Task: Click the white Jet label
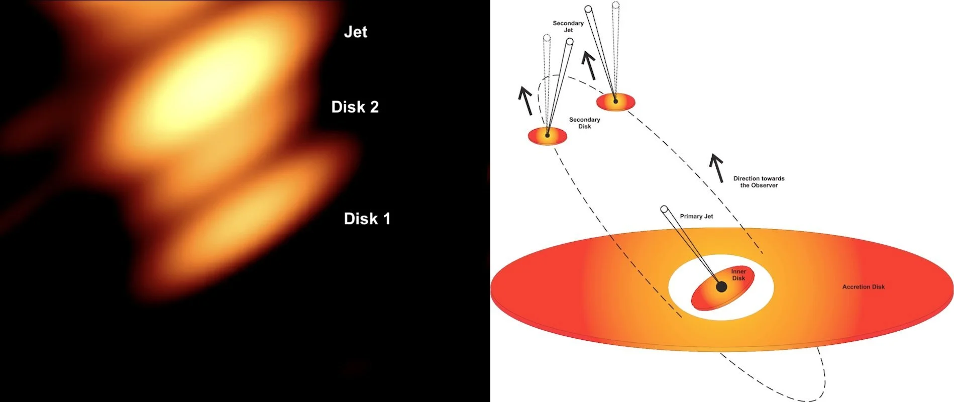point(355,32)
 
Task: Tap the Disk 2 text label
point(355,107)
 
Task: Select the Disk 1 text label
point(367,219)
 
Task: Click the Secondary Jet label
point(568,27)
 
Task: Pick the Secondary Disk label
point(584,123)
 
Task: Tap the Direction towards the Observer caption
point(759,182)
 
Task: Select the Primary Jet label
point(696,217)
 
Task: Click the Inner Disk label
point(738,275)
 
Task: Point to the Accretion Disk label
point(863,287)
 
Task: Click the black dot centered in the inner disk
point(721,287)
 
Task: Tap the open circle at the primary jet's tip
point(664,209)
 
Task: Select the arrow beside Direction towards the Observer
point(717,168)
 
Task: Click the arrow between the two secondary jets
point(589,65)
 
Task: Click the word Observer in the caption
point(764,185)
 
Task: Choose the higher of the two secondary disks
point(615,102)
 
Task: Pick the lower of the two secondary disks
point(547,136)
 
